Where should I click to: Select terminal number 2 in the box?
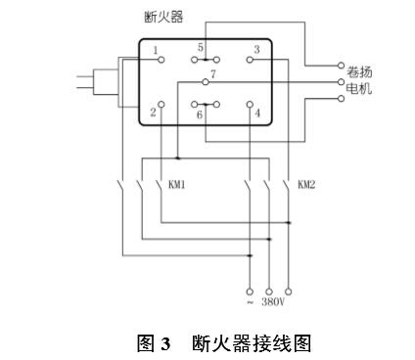coord(154,112)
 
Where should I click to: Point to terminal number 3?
coord(256,49)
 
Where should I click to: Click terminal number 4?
coord(257,112)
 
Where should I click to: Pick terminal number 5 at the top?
coord(201,46)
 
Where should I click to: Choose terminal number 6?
coord(200,114)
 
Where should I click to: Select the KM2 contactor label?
coord(306,183)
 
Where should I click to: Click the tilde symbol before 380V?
coord(251,302)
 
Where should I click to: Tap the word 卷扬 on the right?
coord(360,71)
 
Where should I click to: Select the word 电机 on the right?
coord(360,89)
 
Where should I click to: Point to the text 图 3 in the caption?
coord(157,343)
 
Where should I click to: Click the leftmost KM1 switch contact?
coord(120,184)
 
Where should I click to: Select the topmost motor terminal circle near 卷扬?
coord(341,67)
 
